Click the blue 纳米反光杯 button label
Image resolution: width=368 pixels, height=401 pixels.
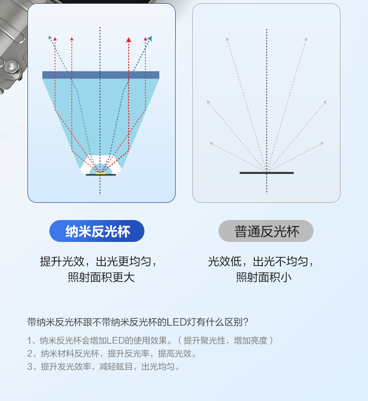coord(97,231)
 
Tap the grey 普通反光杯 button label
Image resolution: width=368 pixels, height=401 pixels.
coord(266,231)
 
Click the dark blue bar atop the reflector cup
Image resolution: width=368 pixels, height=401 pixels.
coord(101,75)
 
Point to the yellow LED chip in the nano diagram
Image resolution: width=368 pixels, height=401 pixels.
coord(101,173)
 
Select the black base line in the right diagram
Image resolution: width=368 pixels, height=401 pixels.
coord(266,173)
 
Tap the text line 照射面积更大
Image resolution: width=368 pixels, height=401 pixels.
coord(101,278)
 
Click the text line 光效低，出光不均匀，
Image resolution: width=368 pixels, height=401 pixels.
coord(261,261)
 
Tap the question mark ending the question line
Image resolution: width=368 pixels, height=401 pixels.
coord(245,322)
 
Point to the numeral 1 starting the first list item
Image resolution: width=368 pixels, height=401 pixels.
coord(30,341)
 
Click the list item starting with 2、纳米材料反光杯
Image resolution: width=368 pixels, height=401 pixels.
coord(112,354)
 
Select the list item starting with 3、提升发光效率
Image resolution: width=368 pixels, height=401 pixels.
coord(103,367)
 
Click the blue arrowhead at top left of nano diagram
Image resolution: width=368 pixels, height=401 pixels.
coord(50,37)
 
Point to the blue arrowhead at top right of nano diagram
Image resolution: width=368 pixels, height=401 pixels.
coord(150,38)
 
